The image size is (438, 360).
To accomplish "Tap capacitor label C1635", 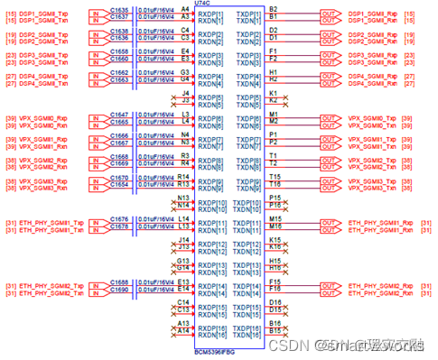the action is coord(119,10).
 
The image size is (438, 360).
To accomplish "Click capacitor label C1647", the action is coord(119,115).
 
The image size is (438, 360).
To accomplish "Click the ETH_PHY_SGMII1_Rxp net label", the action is coord(373,219).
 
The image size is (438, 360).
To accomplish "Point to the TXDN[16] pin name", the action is coord(245,332).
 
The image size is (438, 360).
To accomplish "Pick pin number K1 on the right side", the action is coord(274,94).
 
